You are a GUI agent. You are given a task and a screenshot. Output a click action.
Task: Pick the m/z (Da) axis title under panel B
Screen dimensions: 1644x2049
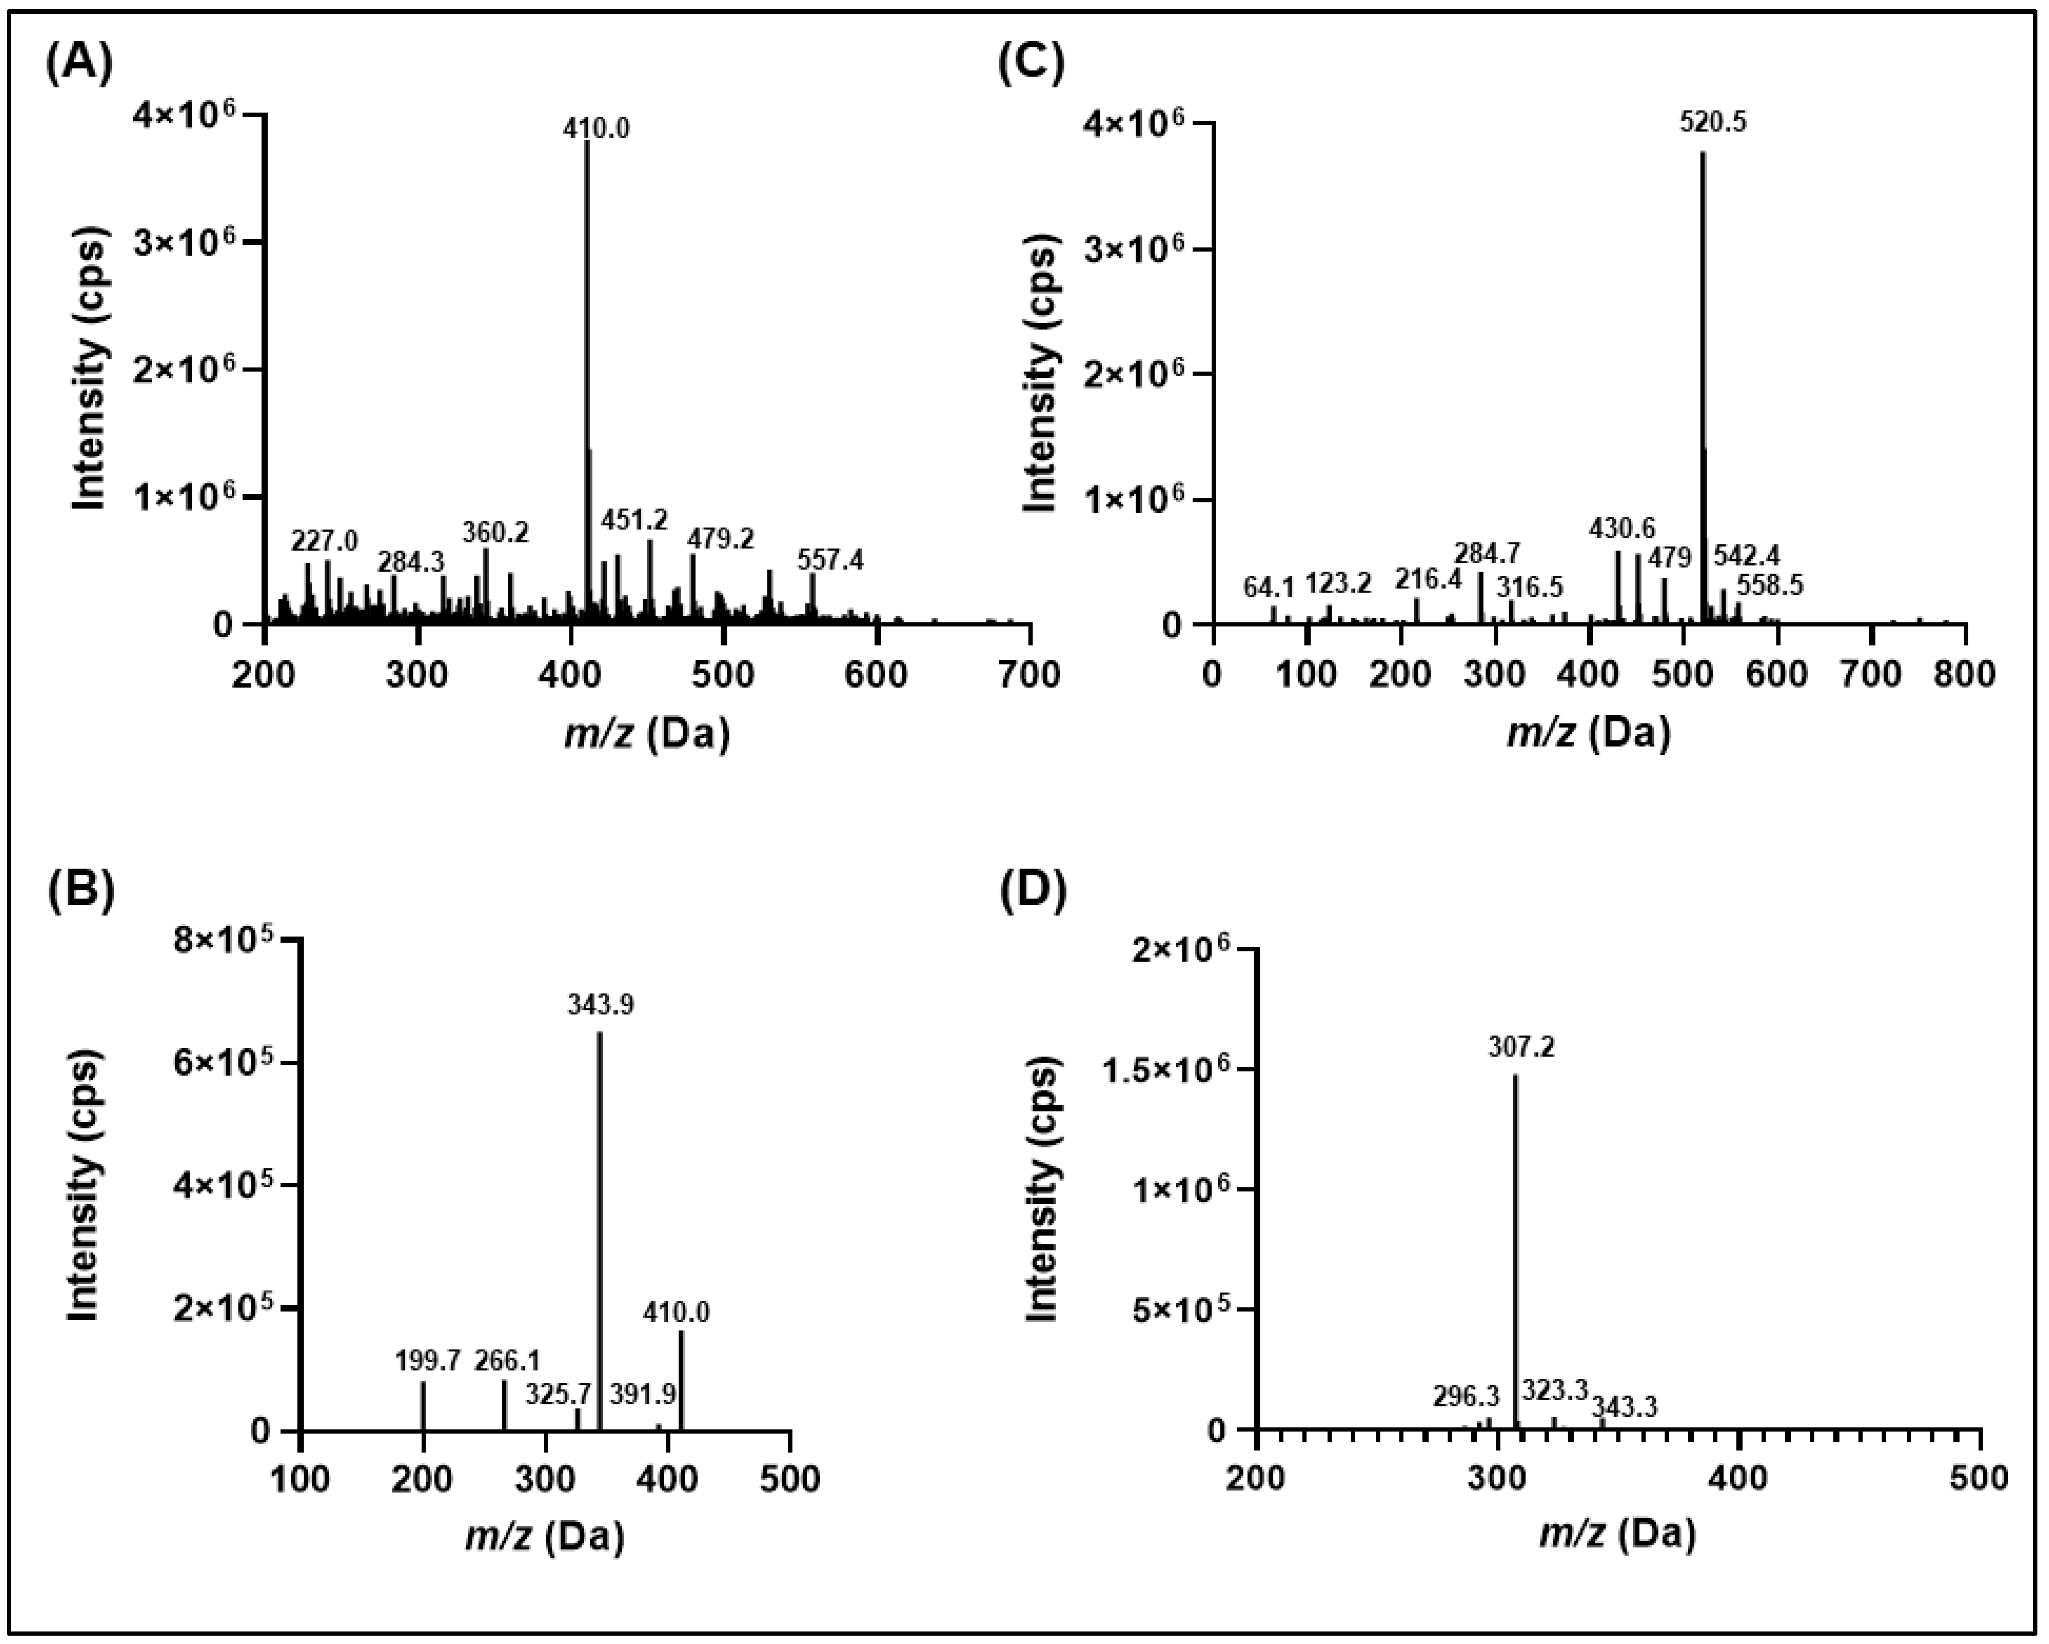click(544, 1536)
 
